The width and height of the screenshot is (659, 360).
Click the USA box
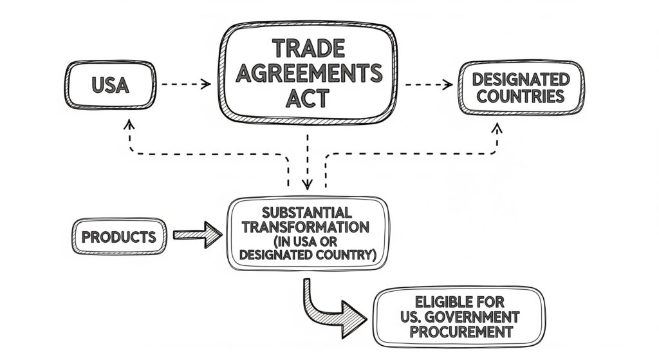[x=110, y=84]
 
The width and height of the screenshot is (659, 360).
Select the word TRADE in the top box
[x=308, y=48]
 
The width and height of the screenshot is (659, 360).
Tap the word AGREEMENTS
[x=308, y=73]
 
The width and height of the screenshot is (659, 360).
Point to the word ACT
[x=308, y=98]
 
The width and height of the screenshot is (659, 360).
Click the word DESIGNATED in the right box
[x=521, y=79]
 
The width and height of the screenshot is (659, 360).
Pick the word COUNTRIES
[x=521, y=97]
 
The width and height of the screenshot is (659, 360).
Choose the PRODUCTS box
[x=118, y=236]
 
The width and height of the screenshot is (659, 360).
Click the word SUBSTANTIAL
[x=307, y=213]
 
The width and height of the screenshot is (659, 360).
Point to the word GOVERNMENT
[x=481, y=317]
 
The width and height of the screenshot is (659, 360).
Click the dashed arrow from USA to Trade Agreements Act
[x=185, y=84]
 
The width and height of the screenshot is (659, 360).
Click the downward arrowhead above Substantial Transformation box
[x=307, y=185]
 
